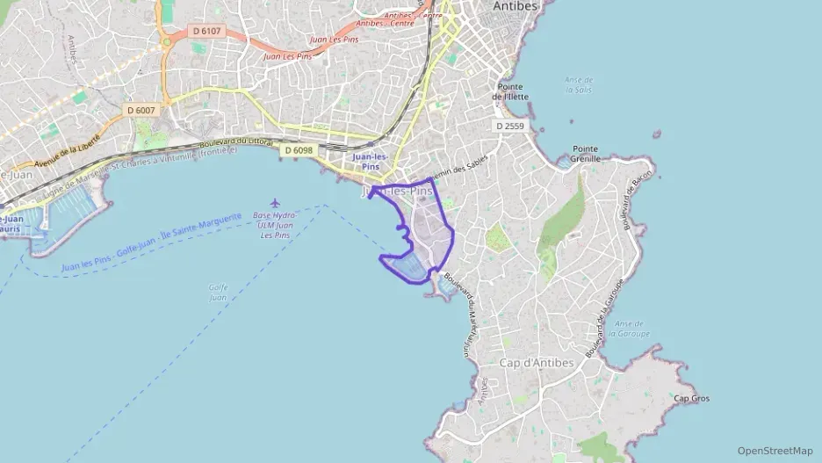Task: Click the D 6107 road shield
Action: (x=207, y=31)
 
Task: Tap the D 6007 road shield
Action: (x=141, y=110)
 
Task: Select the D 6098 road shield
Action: (x=299, y=150)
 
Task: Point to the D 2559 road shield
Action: (x=509, y=127)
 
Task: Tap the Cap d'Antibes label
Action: (x=536, y=363)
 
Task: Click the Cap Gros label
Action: (x=691, y=398)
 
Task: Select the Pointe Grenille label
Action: (x=586, y=154)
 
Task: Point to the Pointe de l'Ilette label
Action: (x=513, y=91)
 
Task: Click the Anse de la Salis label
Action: (x=579, y=84)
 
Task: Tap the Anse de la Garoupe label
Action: (x=632, y=329)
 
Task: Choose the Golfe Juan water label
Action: (x=219, y=292)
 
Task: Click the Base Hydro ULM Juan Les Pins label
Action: (x=272, y=226)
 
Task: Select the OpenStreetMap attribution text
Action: (x=775, y=451)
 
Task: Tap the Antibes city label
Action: (x=515, y=6)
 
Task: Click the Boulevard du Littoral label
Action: (x=237, y=141)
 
